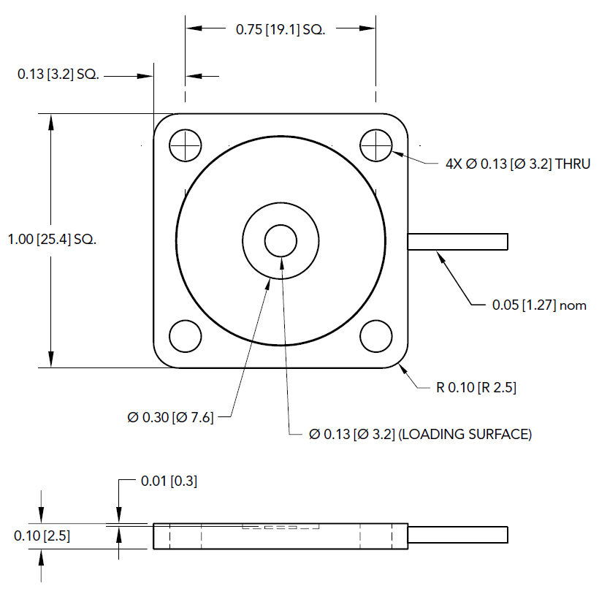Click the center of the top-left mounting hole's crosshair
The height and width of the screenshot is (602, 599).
[x=186, y=145]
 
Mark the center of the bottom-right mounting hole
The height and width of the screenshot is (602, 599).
[x=376, y=336]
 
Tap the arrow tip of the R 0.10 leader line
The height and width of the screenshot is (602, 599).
[x=399, y=364]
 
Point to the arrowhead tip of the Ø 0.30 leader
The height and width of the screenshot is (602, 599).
[x=270, y=278]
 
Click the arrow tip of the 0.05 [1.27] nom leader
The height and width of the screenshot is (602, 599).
[x=437, y=251]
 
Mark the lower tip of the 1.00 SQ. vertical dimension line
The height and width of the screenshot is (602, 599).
[x=50, y=367]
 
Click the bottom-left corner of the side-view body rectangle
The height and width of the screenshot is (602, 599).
[x=153, y=549]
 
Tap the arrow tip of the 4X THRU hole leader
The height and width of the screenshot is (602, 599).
[x=392, y=152]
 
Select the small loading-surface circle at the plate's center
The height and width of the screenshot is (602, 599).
[x=281, y=240]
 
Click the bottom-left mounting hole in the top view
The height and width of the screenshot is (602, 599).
[x=186, y=336]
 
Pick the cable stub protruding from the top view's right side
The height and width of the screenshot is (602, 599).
[x=458, y=242]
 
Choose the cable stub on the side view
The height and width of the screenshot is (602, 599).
[x=458, y=535]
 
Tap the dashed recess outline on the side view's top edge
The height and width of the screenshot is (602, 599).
[x=281, y=526]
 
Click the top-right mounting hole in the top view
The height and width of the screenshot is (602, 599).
[x=376, y=145]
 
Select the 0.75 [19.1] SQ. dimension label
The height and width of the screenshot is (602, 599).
[x=281, y=29]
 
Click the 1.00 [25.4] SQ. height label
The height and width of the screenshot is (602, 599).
[x=52, y=239]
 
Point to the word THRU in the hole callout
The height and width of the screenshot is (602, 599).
[x=573, y=164]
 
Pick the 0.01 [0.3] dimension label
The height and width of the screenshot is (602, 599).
[x=169, y=481]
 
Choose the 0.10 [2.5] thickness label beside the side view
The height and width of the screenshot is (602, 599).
[x=42, y=536]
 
